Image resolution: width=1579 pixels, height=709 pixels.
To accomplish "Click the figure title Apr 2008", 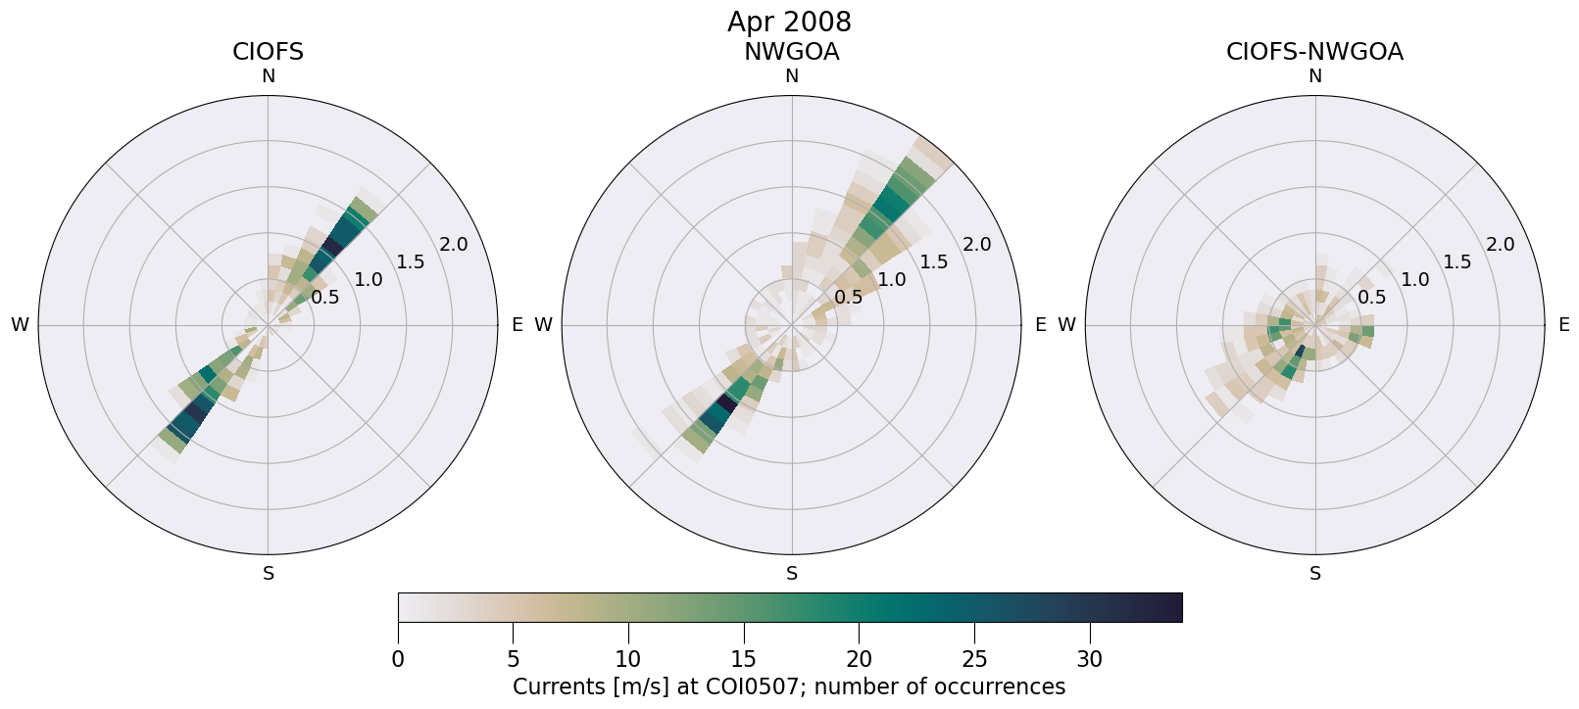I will (789, 22).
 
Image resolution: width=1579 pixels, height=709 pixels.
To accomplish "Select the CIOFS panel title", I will (268, 52).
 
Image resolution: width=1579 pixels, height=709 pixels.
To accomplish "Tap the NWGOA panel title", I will (791, 52).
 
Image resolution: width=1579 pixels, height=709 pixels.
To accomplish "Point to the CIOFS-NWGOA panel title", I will (1314, 52).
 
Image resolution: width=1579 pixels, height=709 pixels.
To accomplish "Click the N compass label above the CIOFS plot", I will (268, 76).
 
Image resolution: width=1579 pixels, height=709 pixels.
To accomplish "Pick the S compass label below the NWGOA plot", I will (792, 574).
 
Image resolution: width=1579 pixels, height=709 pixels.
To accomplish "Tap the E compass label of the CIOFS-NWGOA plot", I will (1563, 325).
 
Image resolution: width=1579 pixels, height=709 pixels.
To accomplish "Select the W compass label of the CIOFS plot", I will (20, 325).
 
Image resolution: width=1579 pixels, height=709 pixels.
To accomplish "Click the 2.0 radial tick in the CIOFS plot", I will (454, 244).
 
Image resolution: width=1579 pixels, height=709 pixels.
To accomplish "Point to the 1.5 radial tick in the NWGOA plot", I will (934, 261).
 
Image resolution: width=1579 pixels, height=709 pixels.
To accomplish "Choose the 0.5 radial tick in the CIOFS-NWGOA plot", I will (1372, 298).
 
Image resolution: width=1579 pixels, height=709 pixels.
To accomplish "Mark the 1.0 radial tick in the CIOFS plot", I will (369, 280).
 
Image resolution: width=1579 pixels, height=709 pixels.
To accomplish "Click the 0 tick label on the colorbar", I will (398, 660).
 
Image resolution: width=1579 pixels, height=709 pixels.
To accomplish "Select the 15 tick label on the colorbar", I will (744, 660).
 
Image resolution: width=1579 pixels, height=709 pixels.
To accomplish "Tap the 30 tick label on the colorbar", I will (1090, 660).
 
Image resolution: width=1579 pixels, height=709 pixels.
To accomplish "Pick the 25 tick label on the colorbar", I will (974, 660).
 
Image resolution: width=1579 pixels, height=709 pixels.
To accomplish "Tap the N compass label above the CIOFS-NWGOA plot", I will (1315, 76).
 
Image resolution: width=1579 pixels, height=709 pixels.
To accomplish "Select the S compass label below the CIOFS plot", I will (269, 574).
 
